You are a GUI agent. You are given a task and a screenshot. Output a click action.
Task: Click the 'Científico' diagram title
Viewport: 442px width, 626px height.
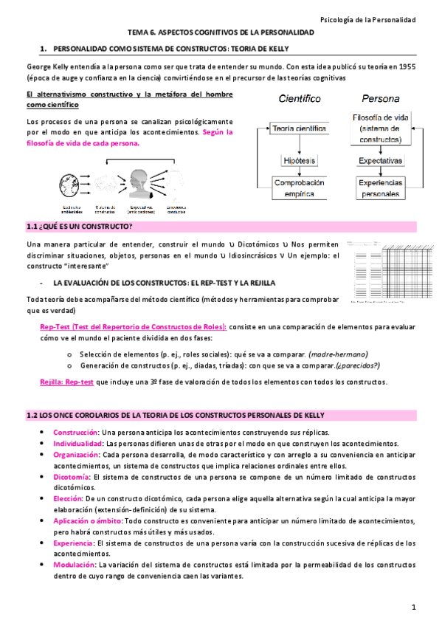pos(299,98)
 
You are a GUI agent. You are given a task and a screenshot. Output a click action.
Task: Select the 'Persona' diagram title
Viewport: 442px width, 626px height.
pos(381,98)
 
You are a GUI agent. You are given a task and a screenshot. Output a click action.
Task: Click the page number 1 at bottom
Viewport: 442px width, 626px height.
pos(415,607)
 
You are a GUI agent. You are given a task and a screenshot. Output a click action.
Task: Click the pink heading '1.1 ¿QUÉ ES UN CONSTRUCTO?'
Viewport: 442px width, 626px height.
pos(79,226)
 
